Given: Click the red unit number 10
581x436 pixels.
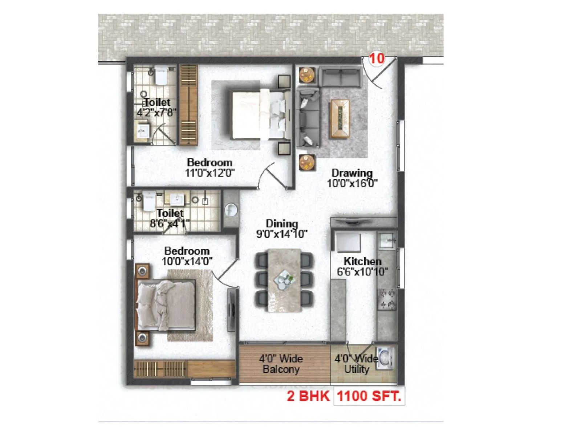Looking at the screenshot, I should (x=377, y=58).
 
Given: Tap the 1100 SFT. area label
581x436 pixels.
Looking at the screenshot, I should (x=369, y=396).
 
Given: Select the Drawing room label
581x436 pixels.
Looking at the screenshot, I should (x=352, y=173).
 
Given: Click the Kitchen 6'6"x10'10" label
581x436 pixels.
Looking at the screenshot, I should (x=362, y=266).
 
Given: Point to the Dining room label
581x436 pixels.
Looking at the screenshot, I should (x=282, y=223).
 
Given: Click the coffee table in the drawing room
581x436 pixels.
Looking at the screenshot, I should (x=340, y=119).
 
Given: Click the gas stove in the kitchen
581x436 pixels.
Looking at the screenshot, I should (x=387, y=299).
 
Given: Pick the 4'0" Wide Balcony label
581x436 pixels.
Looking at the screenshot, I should (x=281, y=364).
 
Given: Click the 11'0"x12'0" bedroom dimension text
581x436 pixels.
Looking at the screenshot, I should (x=210, y=173).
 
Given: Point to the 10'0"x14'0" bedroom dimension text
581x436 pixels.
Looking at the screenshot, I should (x=187, y=261).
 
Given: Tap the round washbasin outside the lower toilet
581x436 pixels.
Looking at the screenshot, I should (x=231, y=210).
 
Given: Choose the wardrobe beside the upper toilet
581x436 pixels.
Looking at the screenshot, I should (x=188, y=105).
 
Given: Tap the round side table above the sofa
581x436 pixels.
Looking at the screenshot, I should (x=307, y=76).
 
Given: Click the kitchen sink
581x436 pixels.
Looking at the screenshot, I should (x=387, y=239).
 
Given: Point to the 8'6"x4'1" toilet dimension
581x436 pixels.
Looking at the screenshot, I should (x=170, y=223).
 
